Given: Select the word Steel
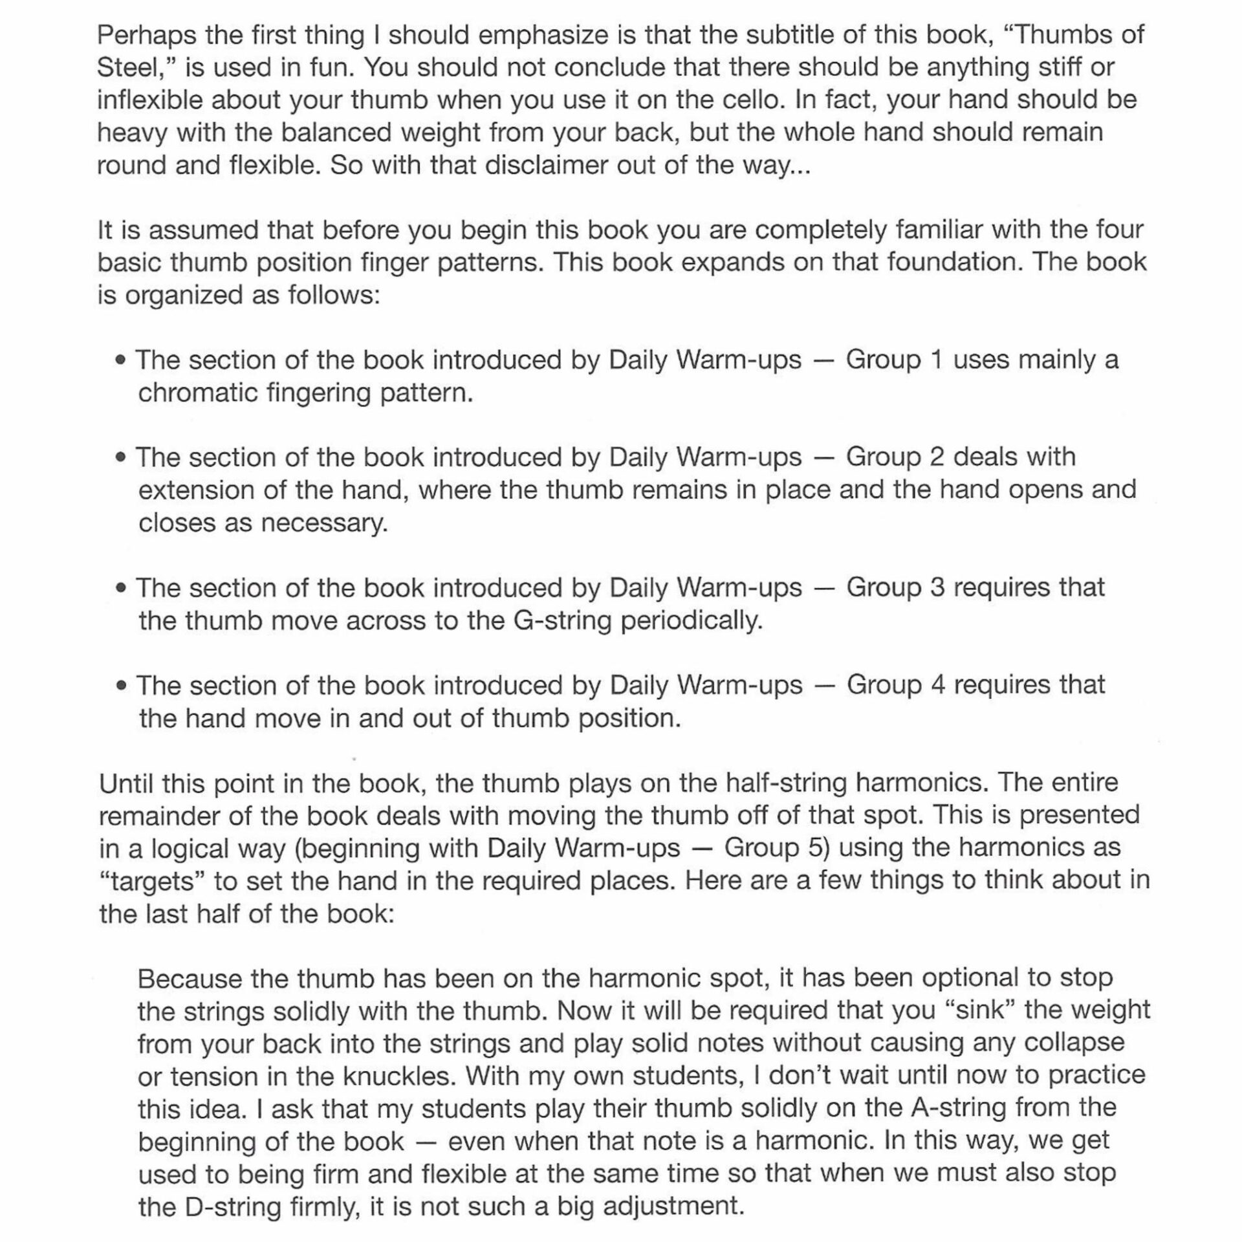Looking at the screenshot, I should (132, 67).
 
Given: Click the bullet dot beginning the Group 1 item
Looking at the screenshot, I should (120, 360).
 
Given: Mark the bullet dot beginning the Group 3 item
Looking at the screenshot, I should (120, 588).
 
